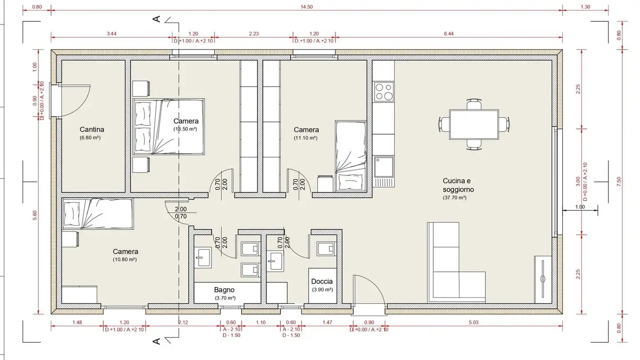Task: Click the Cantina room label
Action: (x=92, y=129)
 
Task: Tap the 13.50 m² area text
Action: (x=185, y=129)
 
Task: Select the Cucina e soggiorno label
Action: (x=456, y=185)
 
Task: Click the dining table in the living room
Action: (x=474, y=124)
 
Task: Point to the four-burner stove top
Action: (x=384, y=92)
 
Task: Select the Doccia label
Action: (x=322, y=281)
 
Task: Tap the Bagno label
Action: (x=224, y=289)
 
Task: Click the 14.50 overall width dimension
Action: (x=307, y=7)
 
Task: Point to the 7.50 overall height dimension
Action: (x=619, y=182)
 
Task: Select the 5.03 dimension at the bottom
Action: (x=473, y=322)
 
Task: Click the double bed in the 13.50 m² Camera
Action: (x=169, y=127)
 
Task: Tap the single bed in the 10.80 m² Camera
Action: (x=98, y=214)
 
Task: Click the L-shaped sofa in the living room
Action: (x=453, y=267)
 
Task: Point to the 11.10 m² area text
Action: (x=306, y=138)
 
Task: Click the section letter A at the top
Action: (x=156, y=19)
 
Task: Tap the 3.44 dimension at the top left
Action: (x=112, y=34)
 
